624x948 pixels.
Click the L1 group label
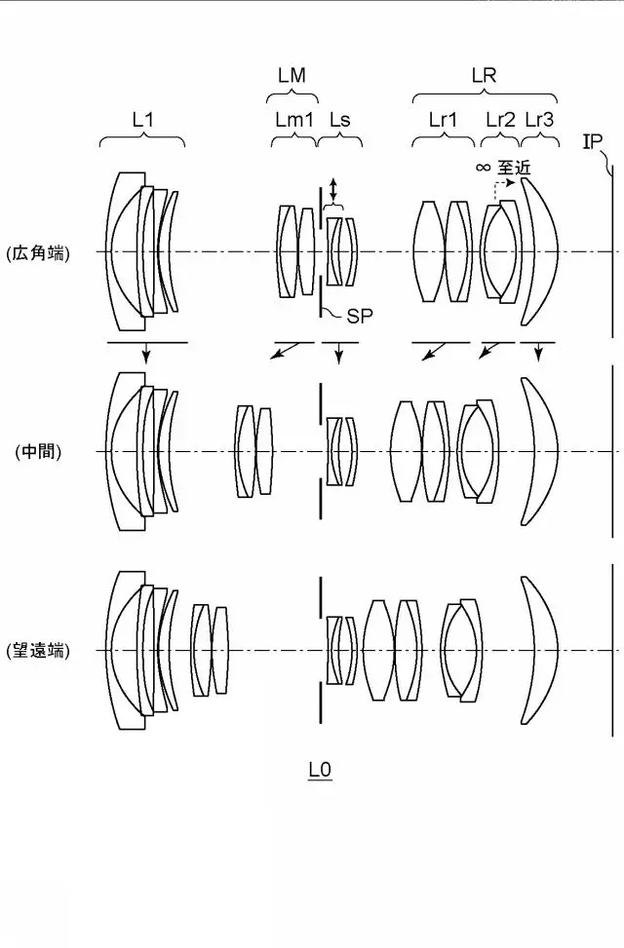[142, 120]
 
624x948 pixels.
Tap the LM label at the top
[292, 76]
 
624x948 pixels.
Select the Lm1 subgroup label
[294, 120]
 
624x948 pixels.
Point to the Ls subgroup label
[339, 120]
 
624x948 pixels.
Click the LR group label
[484, 76]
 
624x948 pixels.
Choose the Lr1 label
[443, 120]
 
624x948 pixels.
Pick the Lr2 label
[500, 120]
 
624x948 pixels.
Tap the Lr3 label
[538, 120]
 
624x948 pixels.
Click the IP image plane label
[592, 142]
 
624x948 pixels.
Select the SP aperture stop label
[360, 316]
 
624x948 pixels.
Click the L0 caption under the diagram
[320, 771]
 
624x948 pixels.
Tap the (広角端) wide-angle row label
[38, 253]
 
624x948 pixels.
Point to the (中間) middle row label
[38, 452]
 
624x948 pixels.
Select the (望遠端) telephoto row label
[38, 651]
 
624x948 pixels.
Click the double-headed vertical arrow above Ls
[332, 190]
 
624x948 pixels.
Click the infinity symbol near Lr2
[483, 167]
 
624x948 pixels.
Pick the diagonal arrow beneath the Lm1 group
[284, 351]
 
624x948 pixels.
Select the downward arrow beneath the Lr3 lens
[538, 352]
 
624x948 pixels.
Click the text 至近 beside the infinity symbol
[514, 167]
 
